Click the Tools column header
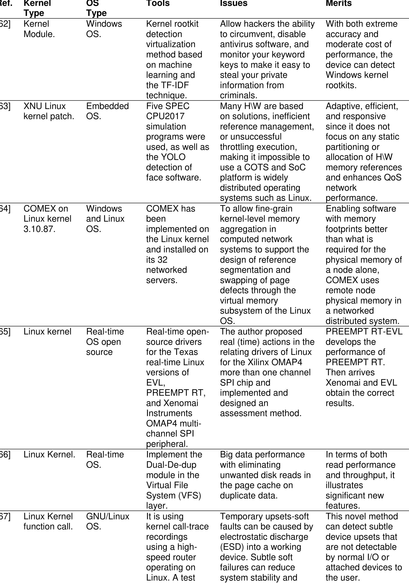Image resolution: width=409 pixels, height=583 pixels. [158, 4]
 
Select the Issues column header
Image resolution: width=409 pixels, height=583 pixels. [234, 4]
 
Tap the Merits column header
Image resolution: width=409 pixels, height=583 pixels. [339, 4]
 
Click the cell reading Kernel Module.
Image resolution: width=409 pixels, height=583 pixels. [39, 29]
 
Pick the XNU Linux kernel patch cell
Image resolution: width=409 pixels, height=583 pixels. [48, 111]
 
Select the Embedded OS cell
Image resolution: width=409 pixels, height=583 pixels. [107, 111]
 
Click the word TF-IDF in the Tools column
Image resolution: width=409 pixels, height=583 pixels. [175, 85]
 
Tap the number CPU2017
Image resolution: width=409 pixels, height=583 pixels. [165, 116]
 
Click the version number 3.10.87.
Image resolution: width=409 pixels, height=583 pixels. [39, 229]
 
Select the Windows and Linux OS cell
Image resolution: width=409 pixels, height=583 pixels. [105, 219]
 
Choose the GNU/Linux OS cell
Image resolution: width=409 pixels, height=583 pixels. [107, 521]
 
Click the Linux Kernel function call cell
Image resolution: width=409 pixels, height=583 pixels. [48, 521]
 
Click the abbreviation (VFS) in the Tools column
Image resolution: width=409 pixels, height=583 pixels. [189, 495]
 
